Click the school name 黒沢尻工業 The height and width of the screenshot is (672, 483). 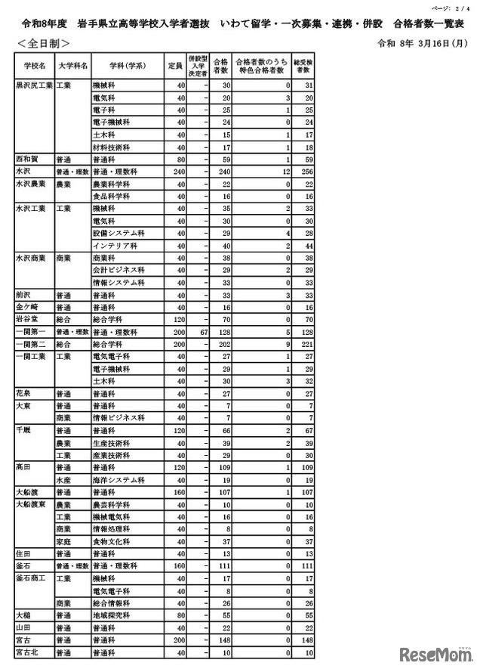34,86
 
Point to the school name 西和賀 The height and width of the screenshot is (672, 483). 26,159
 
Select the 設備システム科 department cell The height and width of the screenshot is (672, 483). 114,234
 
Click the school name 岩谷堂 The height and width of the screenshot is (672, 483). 26,320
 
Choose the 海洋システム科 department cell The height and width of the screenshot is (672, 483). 117,479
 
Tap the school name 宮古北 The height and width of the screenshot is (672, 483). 26,652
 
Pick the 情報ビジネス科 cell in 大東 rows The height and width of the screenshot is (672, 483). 117,418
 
